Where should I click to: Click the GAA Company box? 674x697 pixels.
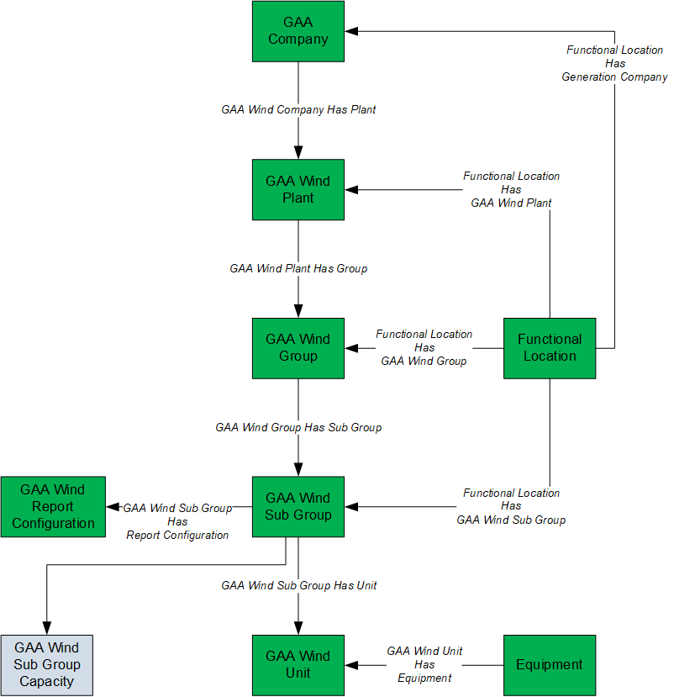point(298,31)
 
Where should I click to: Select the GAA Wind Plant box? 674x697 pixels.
point(298,190)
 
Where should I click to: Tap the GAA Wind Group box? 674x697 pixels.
point(298,348)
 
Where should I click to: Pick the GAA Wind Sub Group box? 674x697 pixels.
point(298,507)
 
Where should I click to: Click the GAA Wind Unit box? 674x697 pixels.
point(298,665)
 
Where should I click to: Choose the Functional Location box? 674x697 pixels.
point(550,348)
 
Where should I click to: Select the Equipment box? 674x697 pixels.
point(550,665)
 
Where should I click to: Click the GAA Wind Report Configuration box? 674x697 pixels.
point(53,507)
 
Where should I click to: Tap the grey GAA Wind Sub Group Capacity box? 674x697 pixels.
point(47,665)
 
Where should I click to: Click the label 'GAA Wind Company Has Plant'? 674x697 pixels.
point(298,110)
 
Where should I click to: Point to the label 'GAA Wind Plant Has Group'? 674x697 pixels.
point(298,268)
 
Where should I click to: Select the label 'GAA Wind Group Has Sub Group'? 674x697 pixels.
point(298,427)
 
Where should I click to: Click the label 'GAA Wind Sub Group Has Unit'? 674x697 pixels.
point(298,585)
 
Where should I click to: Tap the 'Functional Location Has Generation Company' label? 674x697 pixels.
point(614,63)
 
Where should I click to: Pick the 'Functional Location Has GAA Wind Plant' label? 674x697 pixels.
point(511,189)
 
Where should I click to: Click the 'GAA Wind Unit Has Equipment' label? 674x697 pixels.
point(424,664)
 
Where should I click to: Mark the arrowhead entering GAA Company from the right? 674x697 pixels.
point(351,31)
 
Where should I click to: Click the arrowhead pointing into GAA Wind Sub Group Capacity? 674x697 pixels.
point(47,628)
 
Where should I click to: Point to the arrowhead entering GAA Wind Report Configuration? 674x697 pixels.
point(113,507)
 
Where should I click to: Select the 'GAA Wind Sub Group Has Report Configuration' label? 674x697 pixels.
point(177,521)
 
